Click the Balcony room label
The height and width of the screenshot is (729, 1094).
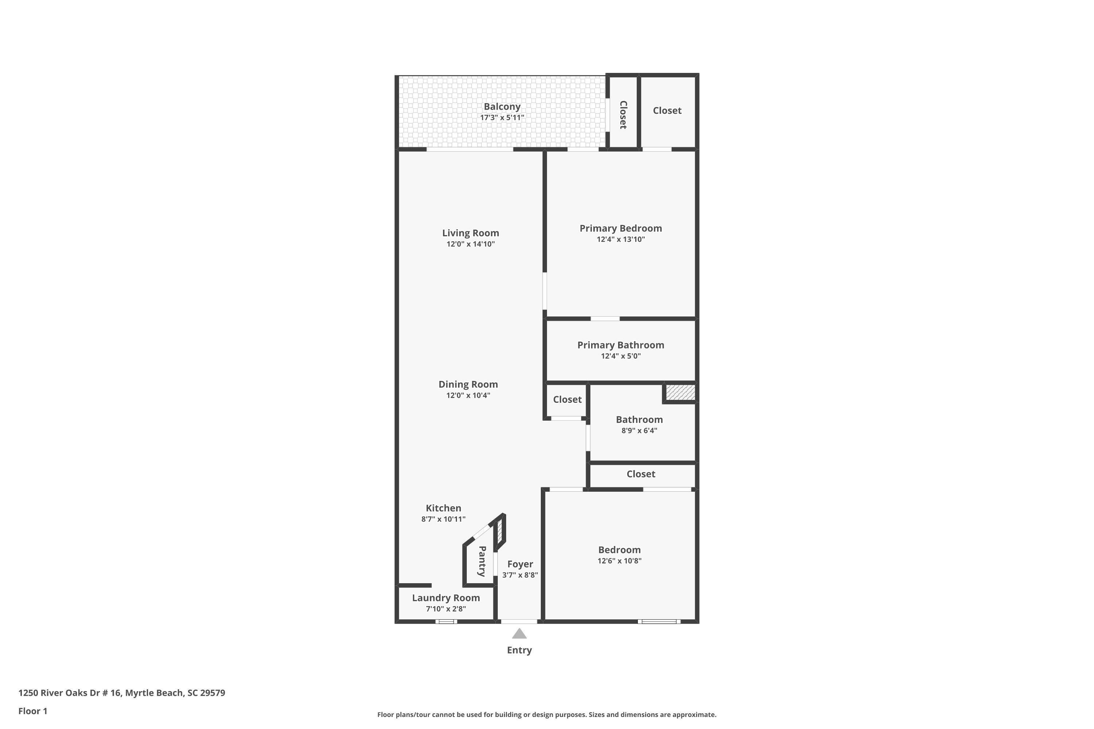(x=502, y=107)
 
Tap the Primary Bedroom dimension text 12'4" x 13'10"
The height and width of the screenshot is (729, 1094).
(x=621, y=239)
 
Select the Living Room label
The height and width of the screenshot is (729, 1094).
(x=470, y=233)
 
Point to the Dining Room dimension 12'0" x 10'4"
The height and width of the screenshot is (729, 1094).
(x=468, y=395)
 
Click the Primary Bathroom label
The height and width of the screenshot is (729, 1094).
(x=621, y=345)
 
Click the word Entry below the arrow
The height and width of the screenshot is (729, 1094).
(x=519, y=650)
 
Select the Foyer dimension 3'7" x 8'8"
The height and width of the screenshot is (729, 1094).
(x=520, y=575)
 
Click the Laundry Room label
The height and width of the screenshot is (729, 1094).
(x=446, y=598)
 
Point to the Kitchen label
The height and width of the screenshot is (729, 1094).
(x=443, y=508)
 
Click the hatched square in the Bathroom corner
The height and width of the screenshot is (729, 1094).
(x=680, y=392)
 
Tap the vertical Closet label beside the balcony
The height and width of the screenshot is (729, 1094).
(x=623, y=115)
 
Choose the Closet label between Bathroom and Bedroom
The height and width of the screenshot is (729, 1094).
(x=640, y=474)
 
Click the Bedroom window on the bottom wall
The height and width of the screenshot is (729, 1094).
(x=659, y=621)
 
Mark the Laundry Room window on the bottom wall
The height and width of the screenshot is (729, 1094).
(x=446, y=621)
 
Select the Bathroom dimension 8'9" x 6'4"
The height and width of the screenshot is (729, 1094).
(x=639, y=430)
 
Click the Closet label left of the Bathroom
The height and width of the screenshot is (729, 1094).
(x=567, y=399)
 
